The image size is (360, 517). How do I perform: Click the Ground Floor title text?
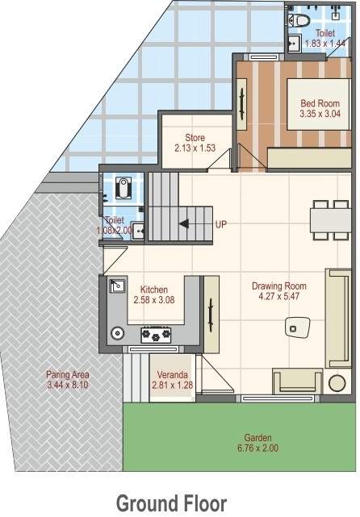point(171,503)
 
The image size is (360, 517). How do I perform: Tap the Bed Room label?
point(320,103)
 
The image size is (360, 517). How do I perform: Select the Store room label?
point(195,137)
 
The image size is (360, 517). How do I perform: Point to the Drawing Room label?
point(278,286)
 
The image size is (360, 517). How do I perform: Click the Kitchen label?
point(153,290)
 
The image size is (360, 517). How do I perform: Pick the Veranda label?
point(173,375)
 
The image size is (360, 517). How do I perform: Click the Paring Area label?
point(68,375)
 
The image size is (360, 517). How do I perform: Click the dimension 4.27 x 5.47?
point(278,297)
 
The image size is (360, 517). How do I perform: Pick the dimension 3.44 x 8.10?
point(68,386)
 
